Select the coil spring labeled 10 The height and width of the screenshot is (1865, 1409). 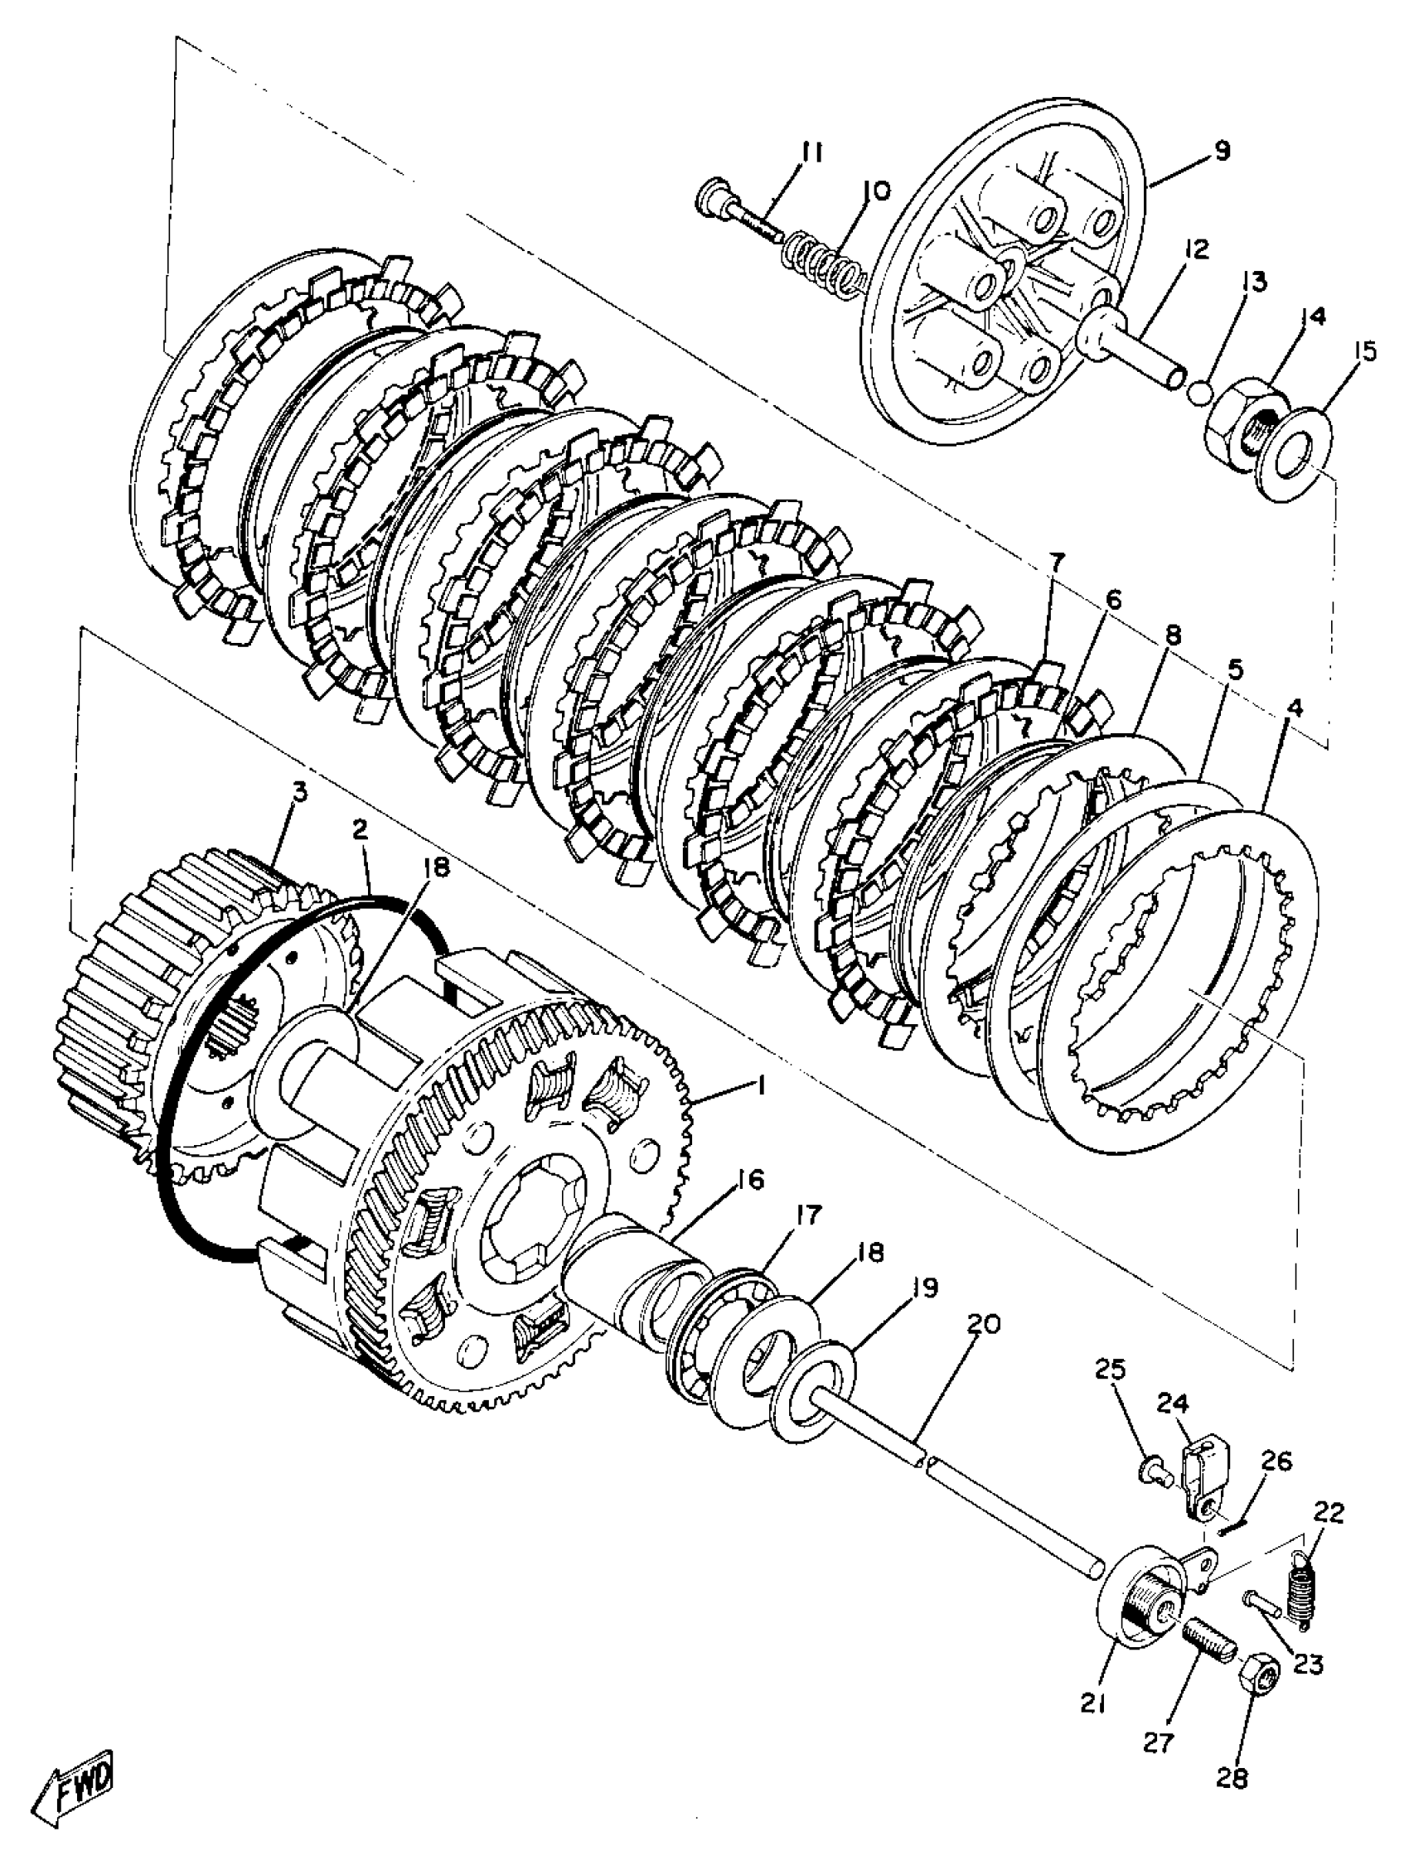[x=830, y=260]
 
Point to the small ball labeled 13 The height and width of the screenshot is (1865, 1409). [x=1201, y=391]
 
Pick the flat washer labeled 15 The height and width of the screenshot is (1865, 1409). [x=1300, y=452]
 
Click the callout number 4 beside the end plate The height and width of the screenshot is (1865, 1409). [x=1295, y=707]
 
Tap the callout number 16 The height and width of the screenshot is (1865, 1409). [x=748, y=1180]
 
